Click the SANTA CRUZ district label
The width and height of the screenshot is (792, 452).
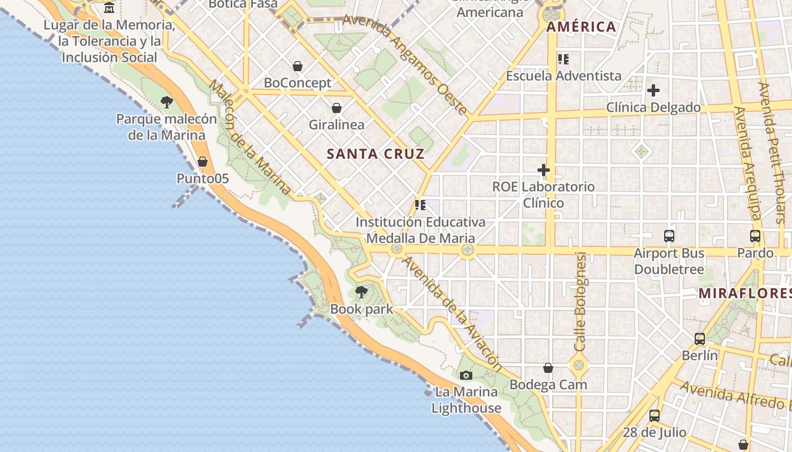[376, 154]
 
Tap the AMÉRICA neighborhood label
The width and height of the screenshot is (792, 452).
[581, 27]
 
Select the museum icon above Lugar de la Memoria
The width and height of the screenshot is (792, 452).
[109, 8]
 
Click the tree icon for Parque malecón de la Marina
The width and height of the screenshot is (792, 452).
[166, 102]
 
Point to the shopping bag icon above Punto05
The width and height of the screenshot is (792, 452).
[203, 162]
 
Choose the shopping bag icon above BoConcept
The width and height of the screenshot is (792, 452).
[298, 66]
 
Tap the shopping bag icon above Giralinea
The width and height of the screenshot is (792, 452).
[337, 108]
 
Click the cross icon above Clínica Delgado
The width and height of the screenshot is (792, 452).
[653, 90]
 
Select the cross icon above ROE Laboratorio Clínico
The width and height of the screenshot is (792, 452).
[543, 169]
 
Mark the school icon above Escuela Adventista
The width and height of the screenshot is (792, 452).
[563, 59]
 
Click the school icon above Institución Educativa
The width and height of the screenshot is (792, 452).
[420, 205]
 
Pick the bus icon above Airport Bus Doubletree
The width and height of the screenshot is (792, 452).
[669, 236]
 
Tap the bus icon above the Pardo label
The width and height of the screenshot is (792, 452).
[755, 236]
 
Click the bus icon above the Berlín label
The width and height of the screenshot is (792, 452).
[700, 339]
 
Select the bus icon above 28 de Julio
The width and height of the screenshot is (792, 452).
[655, 416]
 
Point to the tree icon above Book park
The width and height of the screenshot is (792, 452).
[361, 292]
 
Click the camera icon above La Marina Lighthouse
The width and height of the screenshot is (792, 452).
[466, 375]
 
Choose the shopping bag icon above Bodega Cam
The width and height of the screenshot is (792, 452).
[548, 368]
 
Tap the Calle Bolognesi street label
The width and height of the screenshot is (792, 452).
[580, 302]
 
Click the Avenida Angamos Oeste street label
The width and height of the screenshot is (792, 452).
[405, 64]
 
